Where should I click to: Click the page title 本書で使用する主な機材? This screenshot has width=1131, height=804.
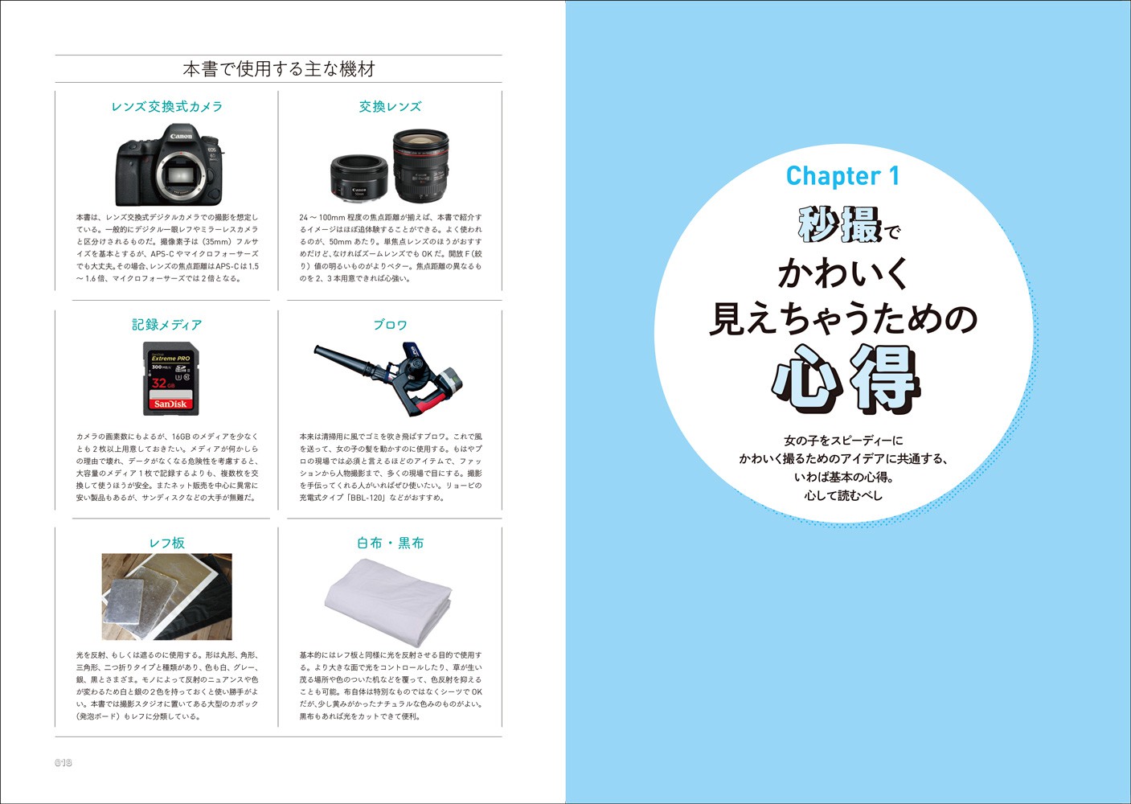[x=279, y=69]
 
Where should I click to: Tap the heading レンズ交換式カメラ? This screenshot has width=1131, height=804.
[x=166, y=107]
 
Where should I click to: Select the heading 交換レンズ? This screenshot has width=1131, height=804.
[x=390, y=107]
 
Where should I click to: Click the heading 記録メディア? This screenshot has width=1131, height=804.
[x=166, y=325]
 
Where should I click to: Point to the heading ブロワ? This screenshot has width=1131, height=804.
[x=390, y=325]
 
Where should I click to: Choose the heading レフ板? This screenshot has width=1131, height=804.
[x=166, y=543]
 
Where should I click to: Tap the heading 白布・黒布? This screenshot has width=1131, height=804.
[x=390, y=543]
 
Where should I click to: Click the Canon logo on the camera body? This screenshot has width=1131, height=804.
[x=181, y=136]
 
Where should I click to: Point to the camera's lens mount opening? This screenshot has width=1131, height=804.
[x=180, y=175]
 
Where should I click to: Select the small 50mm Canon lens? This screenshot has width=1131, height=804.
[x=359, y=177]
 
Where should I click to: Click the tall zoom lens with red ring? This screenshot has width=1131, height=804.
[x=420, y=165]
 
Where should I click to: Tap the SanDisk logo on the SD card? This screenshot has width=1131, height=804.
[x=170, y=404]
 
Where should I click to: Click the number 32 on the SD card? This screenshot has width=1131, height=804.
[x=159, y=383]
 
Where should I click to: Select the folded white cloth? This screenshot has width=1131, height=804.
[x=388, y=601]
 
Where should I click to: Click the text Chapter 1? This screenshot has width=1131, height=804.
[x=842, y=176]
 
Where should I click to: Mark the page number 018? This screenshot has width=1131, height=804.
[x=64, y=762]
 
